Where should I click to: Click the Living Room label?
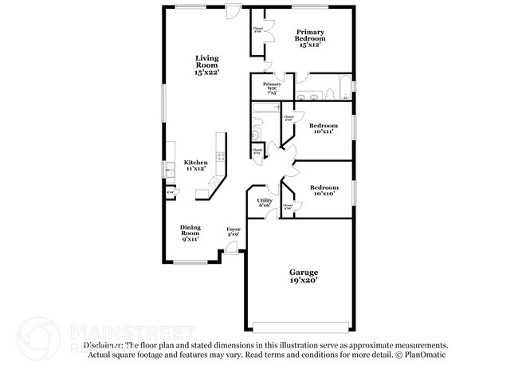coord(206,65)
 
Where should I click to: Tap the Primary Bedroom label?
coord(309,37)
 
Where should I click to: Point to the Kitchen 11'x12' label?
coord(196,165)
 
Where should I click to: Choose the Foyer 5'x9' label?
coord(233,231)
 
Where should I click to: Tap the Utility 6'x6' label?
coord(265,202)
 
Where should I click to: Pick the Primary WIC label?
coord(272,88)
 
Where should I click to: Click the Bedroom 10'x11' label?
coord(324,129)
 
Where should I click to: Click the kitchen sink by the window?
coord(170,169)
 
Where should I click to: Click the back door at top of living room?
coord(233,10)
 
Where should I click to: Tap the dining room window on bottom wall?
coord(191,262)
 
